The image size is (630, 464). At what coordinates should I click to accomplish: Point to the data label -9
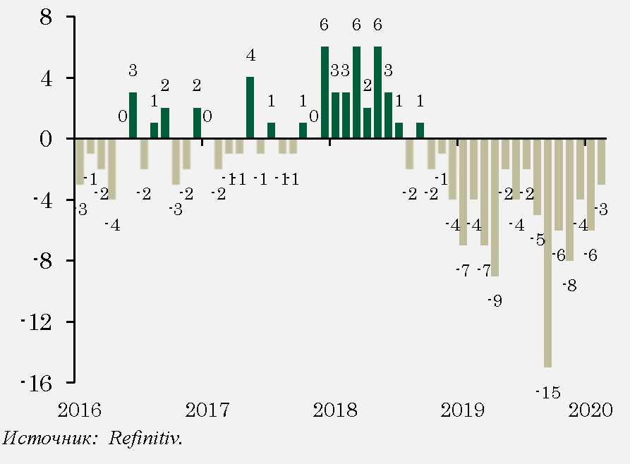[x=494, y=301]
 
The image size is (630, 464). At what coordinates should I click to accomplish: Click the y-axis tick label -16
[x=37, y=384]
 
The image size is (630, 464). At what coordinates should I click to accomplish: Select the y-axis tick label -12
[x=37, y=322]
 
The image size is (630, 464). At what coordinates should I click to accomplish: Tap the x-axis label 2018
[x=330, y=410]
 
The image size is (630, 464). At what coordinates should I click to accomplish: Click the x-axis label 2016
[x=80, y=410]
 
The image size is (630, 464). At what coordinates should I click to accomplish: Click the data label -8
[x=569, y=286]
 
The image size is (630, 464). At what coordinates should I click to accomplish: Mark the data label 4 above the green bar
[x=250, y=55]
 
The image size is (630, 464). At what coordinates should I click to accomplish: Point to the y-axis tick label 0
[x=47, y=139]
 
